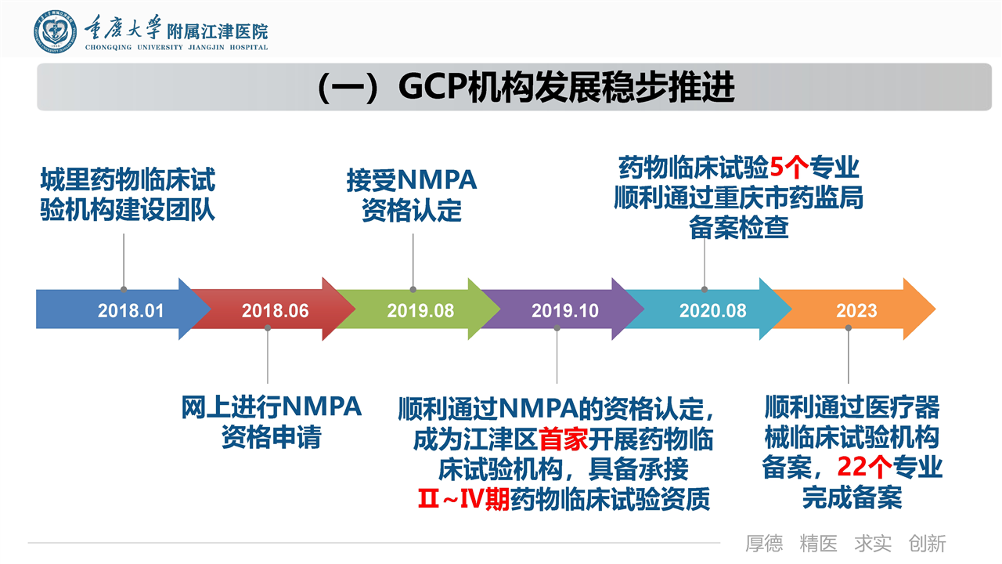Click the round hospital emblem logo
[55, 32]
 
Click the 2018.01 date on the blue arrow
[131, 311]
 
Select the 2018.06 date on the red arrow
[275, 311]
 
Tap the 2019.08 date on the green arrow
[420, 311]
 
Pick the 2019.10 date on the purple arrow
[565, 311]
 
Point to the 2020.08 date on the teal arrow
[713, 311]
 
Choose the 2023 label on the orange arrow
[856, 311]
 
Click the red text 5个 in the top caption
[789, 168]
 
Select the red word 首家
[563, 439]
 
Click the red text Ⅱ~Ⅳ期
[464, 499]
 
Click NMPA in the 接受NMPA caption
[437, 180]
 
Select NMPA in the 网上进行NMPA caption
[321, 407]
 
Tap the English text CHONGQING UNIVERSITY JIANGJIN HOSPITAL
[176, 48]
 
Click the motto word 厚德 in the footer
[764, 544]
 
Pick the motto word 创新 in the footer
[927, 544]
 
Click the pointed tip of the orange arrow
[935, 309]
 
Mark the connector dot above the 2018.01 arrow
[124, 290]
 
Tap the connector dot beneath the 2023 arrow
[848, 328]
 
